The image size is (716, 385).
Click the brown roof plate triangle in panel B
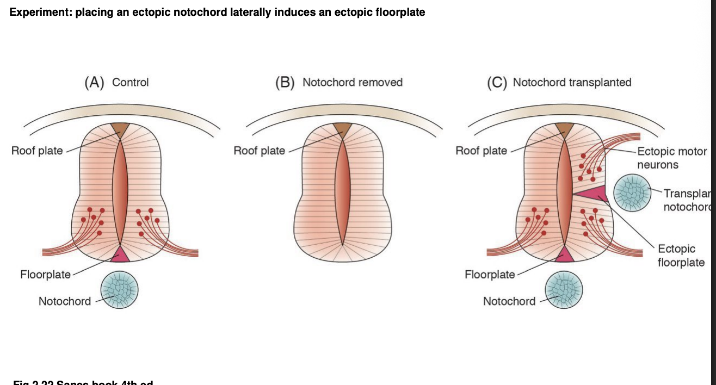(342, 129)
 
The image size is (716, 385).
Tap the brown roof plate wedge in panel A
(120, 129)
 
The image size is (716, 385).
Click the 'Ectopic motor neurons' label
(671, 158)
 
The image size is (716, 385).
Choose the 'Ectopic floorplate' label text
(681, 256)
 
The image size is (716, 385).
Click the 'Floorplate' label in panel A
(45, 275)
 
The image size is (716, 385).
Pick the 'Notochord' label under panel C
(509, 301)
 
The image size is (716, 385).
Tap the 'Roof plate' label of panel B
(259, 151)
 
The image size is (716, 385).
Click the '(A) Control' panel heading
(116, 82)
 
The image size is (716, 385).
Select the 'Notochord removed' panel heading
(352, 82)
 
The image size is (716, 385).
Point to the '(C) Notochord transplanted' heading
(559, 82)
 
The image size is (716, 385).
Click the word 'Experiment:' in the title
(41, 12)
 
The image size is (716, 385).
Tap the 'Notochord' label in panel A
(65, 301)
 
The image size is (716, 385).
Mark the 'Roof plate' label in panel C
(481, 151)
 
